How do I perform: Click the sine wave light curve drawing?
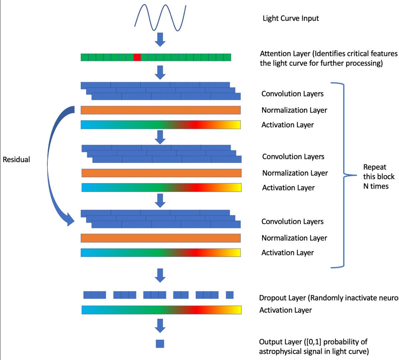point(160,15)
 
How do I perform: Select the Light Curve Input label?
point(291,18)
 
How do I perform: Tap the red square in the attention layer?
point(137,57)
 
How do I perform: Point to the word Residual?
point(16,159)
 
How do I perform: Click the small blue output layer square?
point(160,343)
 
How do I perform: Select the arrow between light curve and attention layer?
point(161,39)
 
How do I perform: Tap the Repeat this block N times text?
point(379,176)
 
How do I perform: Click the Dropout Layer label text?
point(328,298)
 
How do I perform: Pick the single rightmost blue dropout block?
point(230,295)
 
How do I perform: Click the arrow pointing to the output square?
point(160,325)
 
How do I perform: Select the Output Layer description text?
point(314,346)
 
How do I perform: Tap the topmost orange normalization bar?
point(160,110)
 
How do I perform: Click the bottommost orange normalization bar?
point(160,238)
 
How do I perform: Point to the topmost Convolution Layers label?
point(292,94)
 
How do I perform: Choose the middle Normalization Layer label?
point(295,173)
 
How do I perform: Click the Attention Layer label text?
point(328,58)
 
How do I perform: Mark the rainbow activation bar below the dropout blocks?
point(161,310)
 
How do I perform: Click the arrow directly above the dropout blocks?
point(161,275)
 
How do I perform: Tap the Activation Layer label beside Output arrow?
point(285,310)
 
